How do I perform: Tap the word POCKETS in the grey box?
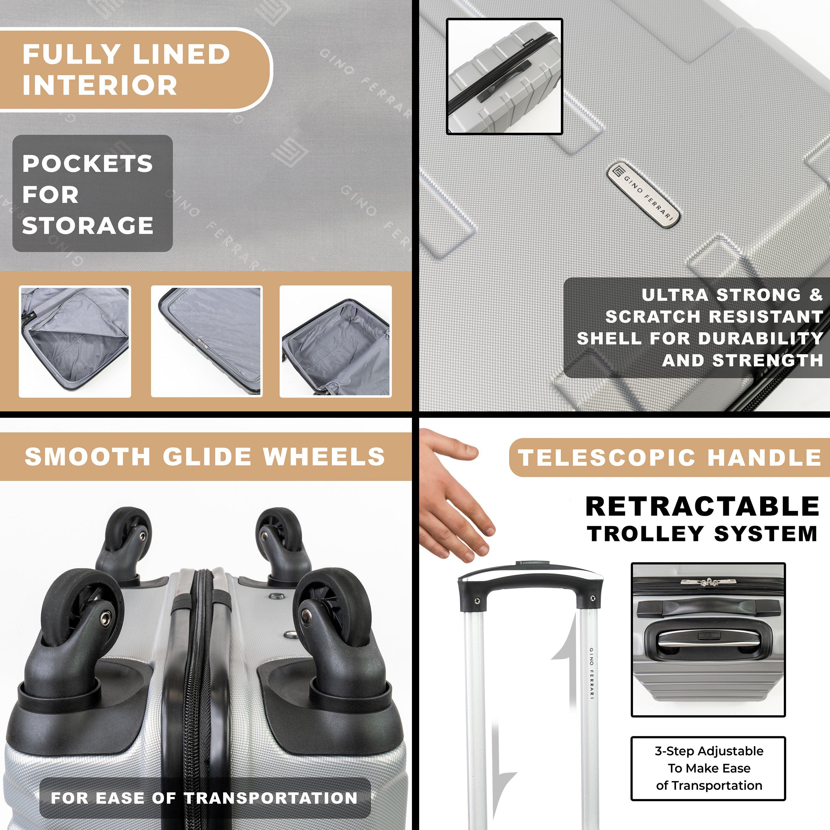[x=88, y=164]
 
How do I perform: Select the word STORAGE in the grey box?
[x=88, y=225]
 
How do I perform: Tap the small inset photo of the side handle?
[x=504, y=76]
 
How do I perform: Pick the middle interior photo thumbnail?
[x=207, y=341]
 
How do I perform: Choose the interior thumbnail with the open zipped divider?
[x=75, y=341]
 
